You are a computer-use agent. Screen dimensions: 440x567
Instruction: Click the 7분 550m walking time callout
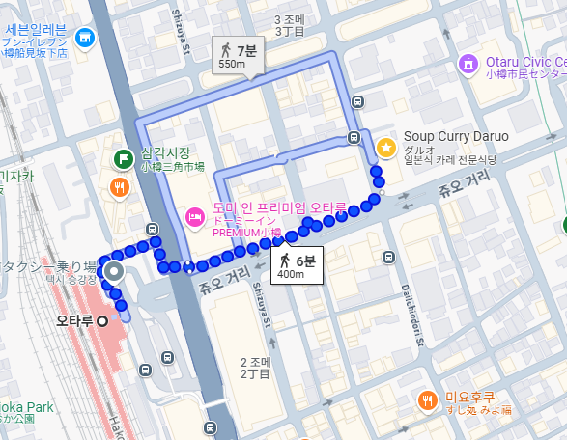click(239, 55)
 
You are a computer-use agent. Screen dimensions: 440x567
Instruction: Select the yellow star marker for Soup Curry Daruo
click(386, 148)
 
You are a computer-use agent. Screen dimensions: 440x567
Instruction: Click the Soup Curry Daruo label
click(456, 136)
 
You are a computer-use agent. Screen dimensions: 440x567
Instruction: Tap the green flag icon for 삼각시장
click(123, 159)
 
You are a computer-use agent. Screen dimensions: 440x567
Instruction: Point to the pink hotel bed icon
click(193, 215)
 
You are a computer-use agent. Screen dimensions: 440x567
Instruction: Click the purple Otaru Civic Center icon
click(468, 65)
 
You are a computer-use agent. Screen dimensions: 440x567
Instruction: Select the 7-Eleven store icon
click(85, 38)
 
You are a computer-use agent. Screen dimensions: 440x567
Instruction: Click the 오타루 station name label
click(73, 320)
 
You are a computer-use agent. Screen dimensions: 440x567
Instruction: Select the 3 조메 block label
click(290, 20)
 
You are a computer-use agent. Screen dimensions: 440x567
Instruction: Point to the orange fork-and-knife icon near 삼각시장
click(121, 187)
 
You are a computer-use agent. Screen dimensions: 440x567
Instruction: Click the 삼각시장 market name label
click(165, 152)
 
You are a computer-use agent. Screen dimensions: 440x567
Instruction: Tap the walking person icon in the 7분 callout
click(226, 49)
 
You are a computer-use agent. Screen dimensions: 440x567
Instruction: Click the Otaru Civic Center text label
click(525, 62)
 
